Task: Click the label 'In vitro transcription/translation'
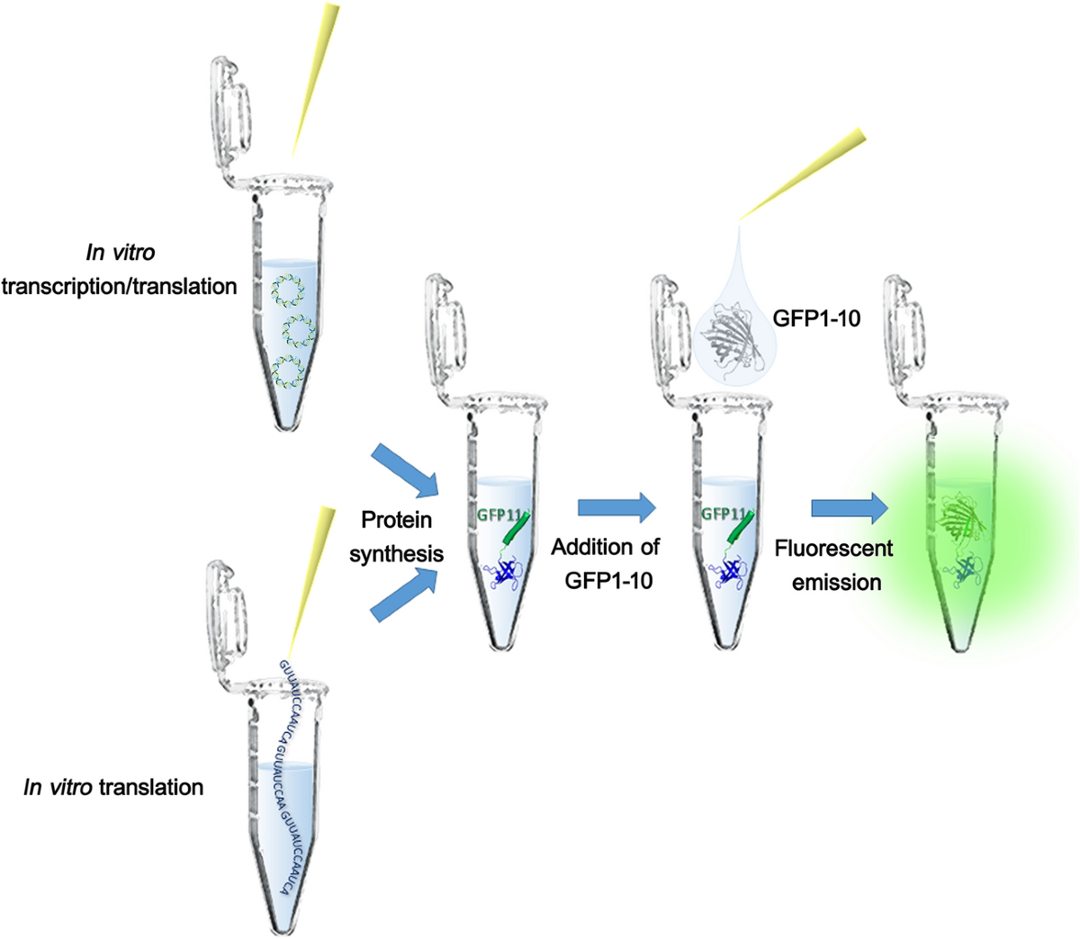click(119, 270)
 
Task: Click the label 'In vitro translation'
click(113, 788)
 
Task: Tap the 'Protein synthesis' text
click(396, 536)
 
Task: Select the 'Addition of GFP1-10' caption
click(606, 563)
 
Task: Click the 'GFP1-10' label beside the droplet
click(815, 318)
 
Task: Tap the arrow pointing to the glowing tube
click(848, 508)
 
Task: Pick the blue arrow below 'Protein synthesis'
click(403, 595)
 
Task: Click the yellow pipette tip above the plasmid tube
click(315, 76)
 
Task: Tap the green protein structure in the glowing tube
click(959, 521)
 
